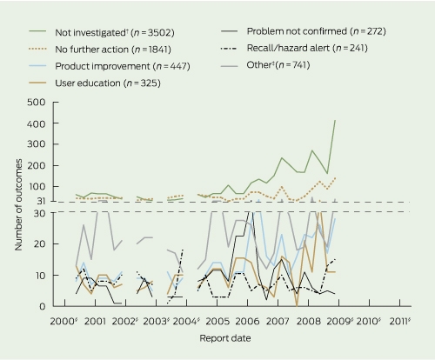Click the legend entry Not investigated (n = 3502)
[x=115, y=32]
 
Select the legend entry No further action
[x=113, y=50]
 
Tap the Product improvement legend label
[x=123, y=66]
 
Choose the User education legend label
[x=108, y=83]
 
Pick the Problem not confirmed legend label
[x=317, y=31]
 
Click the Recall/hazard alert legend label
[x=307, y=48]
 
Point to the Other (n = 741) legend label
[x=278, y=65]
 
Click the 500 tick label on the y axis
[x=37, y=103]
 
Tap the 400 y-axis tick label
[x=37, y=123]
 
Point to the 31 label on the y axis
[x=41, y=201]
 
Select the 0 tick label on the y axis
[x=43, y=306]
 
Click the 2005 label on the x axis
[x=217, y=321]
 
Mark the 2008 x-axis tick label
[x=308, y=321]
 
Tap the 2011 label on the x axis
[x=400, y=321]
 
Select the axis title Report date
[x=225, y=338]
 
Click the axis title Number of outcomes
[x=18, y=204]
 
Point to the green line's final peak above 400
[x=335, y=120]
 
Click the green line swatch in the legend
[x=37, y=30]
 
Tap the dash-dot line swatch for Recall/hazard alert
[x=229, y=48]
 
